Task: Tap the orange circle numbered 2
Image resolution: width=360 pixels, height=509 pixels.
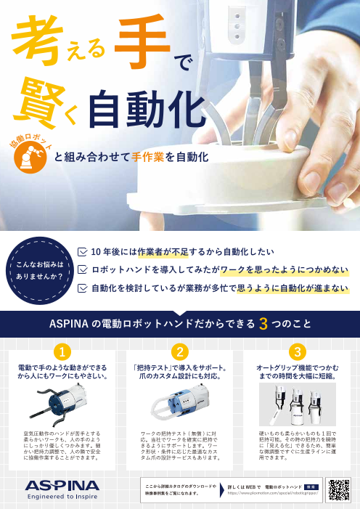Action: click(179, 352)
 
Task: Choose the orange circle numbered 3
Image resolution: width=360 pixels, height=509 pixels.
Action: click(295, 352)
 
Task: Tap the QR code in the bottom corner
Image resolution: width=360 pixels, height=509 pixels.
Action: click(338, 491)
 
